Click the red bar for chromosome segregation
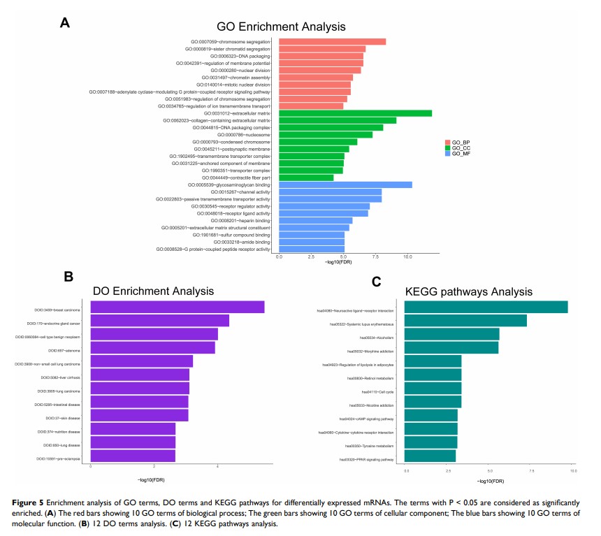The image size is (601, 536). coord(332,42)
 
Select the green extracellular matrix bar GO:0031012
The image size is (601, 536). coord(355,113)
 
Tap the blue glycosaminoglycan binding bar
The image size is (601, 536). coord(345,184)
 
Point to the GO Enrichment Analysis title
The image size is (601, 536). coord(281,27)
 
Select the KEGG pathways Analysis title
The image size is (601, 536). coord(468,291)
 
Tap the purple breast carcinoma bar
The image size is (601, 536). coord(178,307)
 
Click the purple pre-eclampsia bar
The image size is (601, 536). coord(133,457)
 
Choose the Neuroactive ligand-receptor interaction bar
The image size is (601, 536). coord(486,307)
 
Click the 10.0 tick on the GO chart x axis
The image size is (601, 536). coord(407,257)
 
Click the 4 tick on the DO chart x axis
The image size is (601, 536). coord(218,465)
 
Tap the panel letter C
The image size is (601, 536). coord(377,282)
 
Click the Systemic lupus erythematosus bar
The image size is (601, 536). coord(465,321)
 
